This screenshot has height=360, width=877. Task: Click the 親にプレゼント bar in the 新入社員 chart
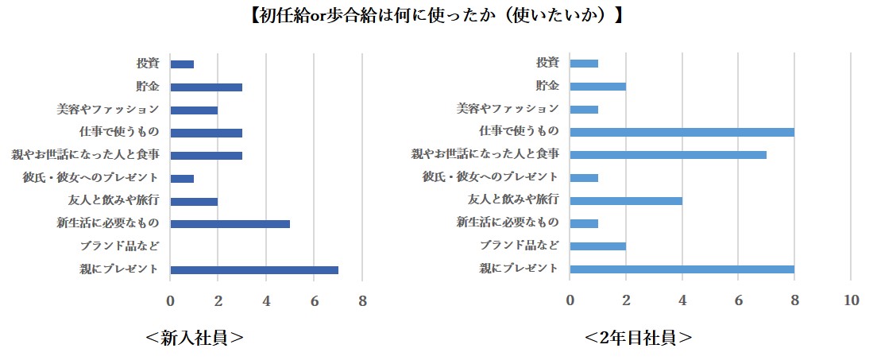click(254, 270)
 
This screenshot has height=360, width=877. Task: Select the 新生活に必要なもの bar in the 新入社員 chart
click(230, 224)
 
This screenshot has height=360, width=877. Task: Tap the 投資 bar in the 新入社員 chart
click(182, 64)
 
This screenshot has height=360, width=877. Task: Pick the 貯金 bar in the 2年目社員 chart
click(598, 86)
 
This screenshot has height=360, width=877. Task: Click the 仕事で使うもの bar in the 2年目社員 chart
click(682, 132)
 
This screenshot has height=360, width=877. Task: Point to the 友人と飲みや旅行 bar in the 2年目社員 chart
click(626, 200)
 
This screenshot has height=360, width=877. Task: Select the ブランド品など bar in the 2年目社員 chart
click(598, 246)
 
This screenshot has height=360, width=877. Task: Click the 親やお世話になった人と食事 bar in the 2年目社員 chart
click(668, 154)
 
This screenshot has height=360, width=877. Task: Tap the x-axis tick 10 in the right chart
click(851, 300)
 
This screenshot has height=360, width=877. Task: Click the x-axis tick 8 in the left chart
click(362, 300)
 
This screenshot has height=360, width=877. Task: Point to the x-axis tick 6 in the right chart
click(738, 300)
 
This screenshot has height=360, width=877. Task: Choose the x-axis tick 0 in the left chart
click(170, 300)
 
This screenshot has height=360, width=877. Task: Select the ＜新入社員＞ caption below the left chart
click(195, 338)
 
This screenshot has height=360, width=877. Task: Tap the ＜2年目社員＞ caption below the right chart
click(638, 338)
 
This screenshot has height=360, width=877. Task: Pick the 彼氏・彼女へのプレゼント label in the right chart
click(490, 176)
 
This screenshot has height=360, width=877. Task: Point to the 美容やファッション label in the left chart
click(108, 109)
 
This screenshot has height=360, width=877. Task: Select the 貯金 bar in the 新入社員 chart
click(206, 87)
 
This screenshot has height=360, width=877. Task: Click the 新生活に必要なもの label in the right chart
click(508, 223)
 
